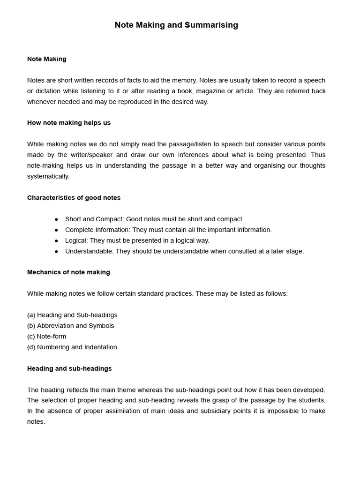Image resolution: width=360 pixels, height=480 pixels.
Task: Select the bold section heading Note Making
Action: (x=47, y=59)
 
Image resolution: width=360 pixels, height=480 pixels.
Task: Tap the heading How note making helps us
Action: (x=69, y=123)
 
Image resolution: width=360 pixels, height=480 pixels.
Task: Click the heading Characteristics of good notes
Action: (x=74, y=198)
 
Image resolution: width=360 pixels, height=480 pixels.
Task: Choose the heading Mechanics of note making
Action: (x=68, y=272)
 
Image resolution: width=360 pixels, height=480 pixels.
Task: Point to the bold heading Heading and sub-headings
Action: (x=69, y=369)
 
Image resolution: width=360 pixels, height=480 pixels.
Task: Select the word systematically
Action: (x=48, y=177)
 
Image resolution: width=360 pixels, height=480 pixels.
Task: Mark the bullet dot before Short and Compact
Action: (x=57, y=219)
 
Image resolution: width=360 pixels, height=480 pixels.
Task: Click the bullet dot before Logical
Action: (x=57, y=241)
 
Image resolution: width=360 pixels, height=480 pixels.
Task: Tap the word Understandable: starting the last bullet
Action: (x=89, y=252)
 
